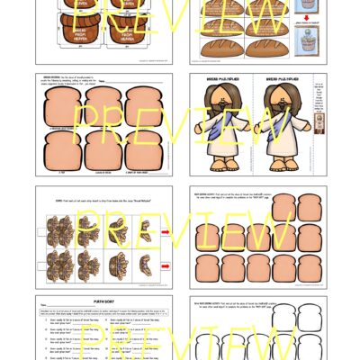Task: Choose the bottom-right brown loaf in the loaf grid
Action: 273,48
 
